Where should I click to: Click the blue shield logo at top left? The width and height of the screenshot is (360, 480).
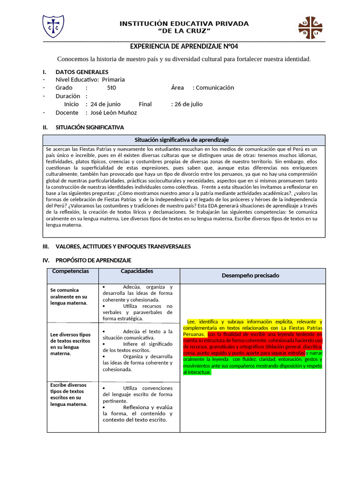(x=53, y=27)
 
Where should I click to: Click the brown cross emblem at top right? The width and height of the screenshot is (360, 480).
(x=310, y=28)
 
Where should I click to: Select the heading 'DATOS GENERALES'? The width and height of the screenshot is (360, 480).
(x=82, y=72)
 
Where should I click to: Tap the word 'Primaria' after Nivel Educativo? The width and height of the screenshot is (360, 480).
(x=113, y=80)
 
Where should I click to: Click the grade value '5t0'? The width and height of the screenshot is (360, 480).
(x=112, y=88)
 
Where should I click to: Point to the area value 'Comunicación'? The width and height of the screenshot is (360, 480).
(x=215, y=88)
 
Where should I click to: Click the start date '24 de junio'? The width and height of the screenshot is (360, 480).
(x=105, y=104)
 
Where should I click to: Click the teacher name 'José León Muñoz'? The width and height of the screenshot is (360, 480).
(x=114, y=112)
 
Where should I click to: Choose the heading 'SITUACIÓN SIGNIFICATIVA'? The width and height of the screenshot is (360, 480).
(x=90, y=127)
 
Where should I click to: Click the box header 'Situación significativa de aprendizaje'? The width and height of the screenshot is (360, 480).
(x=181, y=140)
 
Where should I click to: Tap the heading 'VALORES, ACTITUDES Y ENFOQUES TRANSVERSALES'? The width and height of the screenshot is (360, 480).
(x=123, y=247)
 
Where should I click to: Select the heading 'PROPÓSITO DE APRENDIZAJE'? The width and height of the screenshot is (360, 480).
(x=93, y=260)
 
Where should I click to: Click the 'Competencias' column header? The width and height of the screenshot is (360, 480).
(x=70, y=271)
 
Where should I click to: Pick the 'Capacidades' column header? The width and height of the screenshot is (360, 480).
(x=137, y=271)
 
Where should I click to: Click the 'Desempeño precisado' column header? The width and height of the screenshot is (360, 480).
(x=250, y=276)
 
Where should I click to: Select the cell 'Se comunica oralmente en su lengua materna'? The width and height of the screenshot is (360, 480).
(x=69, y=297)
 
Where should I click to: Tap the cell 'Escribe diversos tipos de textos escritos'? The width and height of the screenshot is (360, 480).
(x=69, y=394)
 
